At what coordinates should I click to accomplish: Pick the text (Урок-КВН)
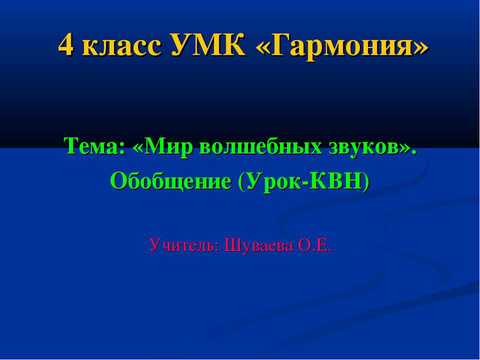pyautogui.click(x=304, y=181)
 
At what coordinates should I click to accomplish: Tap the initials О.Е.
pyautogui.click(x=314, y=245)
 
